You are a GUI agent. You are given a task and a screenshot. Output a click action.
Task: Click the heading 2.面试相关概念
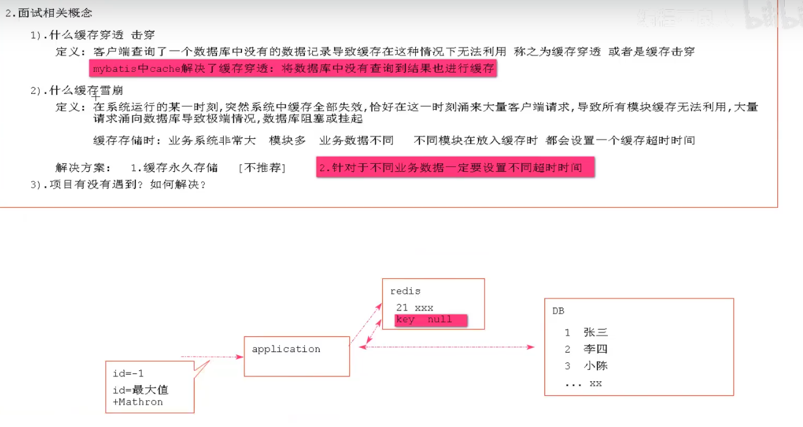(49, 13)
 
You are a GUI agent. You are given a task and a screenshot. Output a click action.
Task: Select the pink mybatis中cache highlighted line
(293, 69)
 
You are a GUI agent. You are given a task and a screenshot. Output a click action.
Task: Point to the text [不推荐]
(262, 168)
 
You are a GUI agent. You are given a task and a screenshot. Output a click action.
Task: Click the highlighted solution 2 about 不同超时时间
(455, 168)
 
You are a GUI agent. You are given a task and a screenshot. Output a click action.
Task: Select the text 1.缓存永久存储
(174, 168)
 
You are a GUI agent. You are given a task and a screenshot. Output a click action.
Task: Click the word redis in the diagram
(405, 291)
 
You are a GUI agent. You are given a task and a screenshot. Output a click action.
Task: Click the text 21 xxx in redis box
(414, 308)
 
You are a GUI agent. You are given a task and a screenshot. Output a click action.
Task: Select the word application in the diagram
(286, 349)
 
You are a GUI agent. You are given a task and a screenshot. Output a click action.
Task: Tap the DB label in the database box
(559, 311)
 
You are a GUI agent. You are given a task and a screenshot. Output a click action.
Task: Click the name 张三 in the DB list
(595, 333)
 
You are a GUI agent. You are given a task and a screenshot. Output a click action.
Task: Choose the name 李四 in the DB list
(595, 349)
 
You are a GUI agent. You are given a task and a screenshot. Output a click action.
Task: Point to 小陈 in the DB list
(595, 366)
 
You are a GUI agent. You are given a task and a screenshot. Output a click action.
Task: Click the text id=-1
(128, 373)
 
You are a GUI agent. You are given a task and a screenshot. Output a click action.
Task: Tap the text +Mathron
(138, 402)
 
